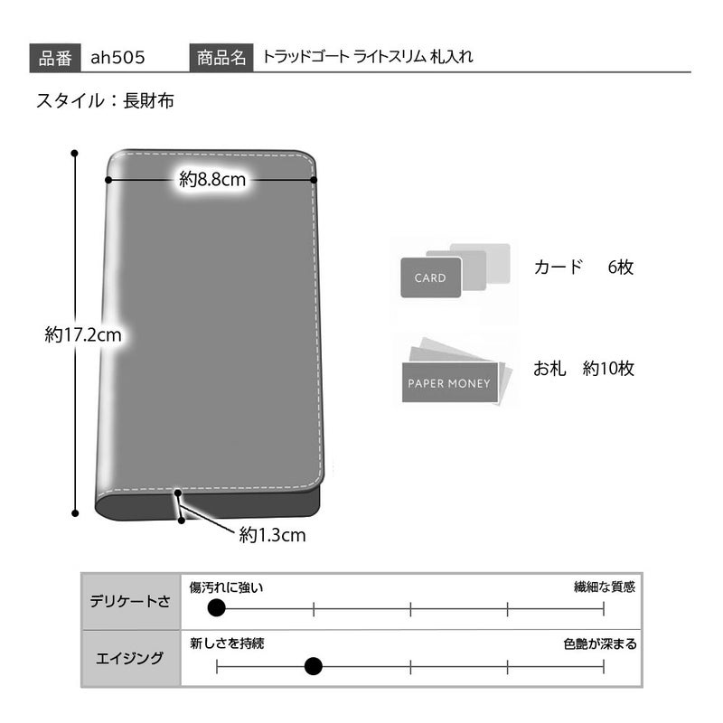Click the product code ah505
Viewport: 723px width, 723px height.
click(x=117, y=58)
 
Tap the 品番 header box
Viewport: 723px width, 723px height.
click(x=55, y=58)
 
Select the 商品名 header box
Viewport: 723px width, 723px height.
click(x=221, y=58)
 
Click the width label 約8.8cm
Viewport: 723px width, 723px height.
click(x=212, y=179)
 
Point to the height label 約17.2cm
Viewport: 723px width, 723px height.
click(x=83, y=334)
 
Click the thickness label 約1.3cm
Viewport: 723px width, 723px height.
click(x=273, y=535)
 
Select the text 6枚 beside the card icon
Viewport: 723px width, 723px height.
click(x=621, y=267)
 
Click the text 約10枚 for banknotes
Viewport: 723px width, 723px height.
click(x=608, y=369)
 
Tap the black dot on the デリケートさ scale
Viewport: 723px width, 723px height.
click(x=216, y=608)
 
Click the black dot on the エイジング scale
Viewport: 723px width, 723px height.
click(x=314, y=666)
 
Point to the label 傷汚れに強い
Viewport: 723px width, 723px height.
click(x=226, y=587)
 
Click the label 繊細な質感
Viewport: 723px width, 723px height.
click(x=605, y=587)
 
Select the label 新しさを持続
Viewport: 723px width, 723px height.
click(x=227, y=643)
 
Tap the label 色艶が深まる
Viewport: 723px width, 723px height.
click(x=600, y=643)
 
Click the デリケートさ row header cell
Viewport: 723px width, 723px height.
click(x=130, y=601)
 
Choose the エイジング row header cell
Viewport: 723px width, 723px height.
click(x=130, y=658)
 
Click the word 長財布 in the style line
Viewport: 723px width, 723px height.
click(x=148, y=100)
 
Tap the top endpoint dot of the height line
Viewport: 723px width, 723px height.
click(x=75, y=153)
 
